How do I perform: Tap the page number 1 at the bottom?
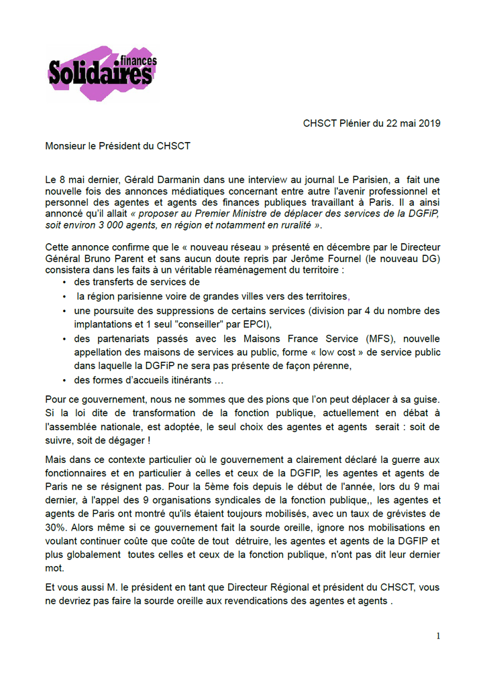(438, 636)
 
